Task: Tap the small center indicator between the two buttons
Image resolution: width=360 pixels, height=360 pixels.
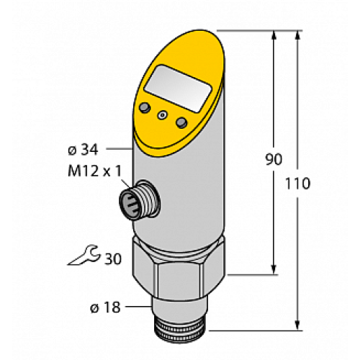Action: coord(163,114)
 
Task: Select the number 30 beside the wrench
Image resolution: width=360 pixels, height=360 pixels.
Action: coord(114,258)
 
